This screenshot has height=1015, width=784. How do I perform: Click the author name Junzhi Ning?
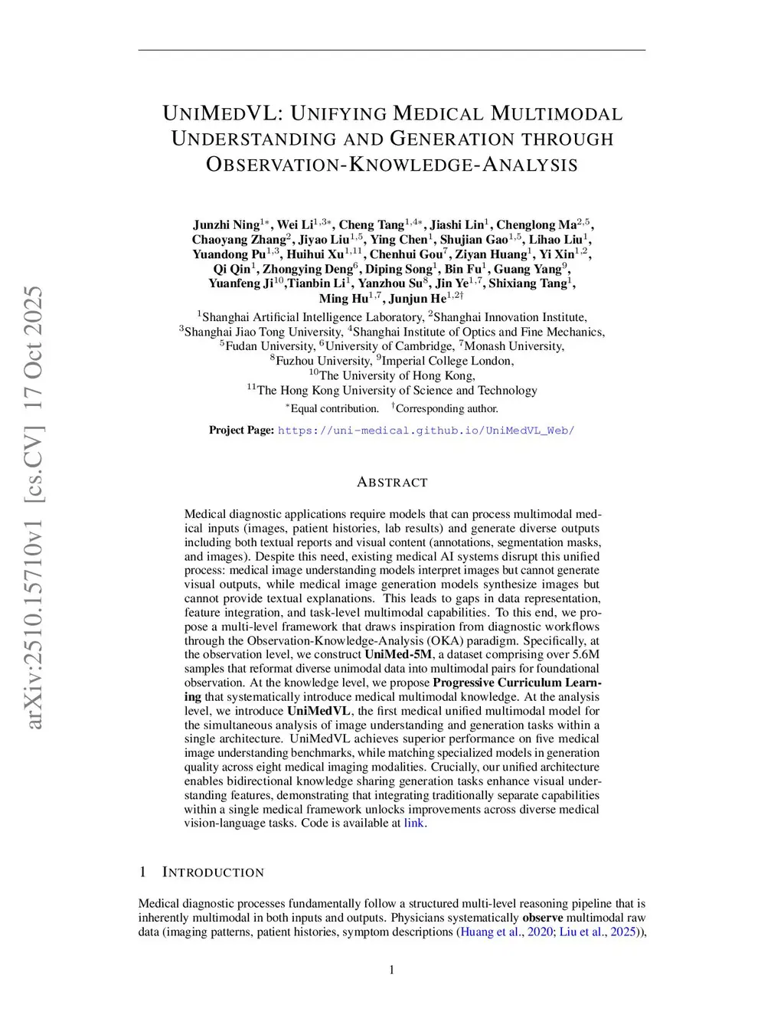(x=226, y=224)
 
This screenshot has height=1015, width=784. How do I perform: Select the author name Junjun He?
(x=417, y=298)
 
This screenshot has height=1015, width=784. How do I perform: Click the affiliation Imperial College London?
(x=447, y=361)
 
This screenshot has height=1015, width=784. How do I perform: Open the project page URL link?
(x=426, y=431)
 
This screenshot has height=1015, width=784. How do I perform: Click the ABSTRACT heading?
(x=392, y=483)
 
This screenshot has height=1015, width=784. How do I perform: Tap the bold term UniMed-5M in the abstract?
(x=397, y=654)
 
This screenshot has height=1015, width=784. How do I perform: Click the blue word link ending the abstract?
(x=413, y=823)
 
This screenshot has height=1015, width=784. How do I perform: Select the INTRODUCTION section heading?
(x=213, y=873)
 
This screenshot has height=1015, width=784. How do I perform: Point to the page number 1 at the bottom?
(x=392, y=970)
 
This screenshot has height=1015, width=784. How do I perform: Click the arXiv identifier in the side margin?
(x=34, y=506)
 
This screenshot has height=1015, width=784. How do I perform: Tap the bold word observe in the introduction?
(x=543, y=918)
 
